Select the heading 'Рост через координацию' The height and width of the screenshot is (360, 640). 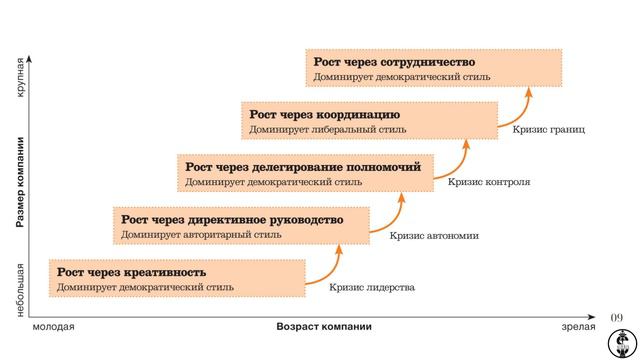point(325,114)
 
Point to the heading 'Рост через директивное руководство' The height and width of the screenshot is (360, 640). point(232,219)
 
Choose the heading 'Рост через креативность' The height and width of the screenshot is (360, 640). point(131,271)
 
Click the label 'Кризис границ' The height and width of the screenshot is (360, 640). point(548,129)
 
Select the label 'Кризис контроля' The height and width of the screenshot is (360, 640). point(488,182)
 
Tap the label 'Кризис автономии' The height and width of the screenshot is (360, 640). point(434,236)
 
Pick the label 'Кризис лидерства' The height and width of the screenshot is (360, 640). point(371,288)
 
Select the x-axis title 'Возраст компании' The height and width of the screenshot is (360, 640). point(324,327)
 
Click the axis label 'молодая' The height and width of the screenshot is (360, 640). point(53,327)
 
